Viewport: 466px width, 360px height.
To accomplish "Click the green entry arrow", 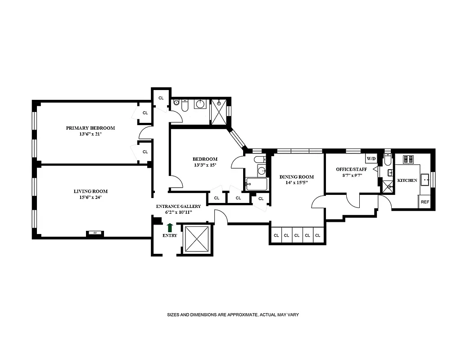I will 170,228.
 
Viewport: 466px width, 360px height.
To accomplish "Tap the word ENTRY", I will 170,235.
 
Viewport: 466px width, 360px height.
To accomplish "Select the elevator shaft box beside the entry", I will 197,239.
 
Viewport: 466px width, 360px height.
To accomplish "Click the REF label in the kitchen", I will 425,202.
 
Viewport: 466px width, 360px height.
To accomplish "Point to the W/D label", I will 371,159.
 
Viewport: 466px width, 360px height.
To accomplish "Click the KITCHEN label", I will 407,180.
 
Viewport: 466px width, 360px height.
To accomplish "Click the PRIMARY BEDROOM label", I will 90,128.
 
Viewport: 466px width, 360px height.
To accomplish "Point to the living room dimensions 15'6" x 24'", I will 90,198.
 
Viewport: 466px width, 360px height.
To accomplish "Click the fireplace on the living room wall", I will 95,233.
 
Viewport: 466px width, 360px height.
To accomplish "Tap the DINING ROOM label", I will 296,177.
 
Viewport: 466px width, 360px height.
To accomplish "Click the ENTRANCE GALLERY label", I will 178,206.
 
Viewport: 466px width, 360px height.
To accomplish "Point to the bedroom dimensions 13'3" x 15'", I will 205,165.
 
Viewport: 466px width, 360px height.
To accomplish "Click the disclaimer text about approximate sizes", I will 233,315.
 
